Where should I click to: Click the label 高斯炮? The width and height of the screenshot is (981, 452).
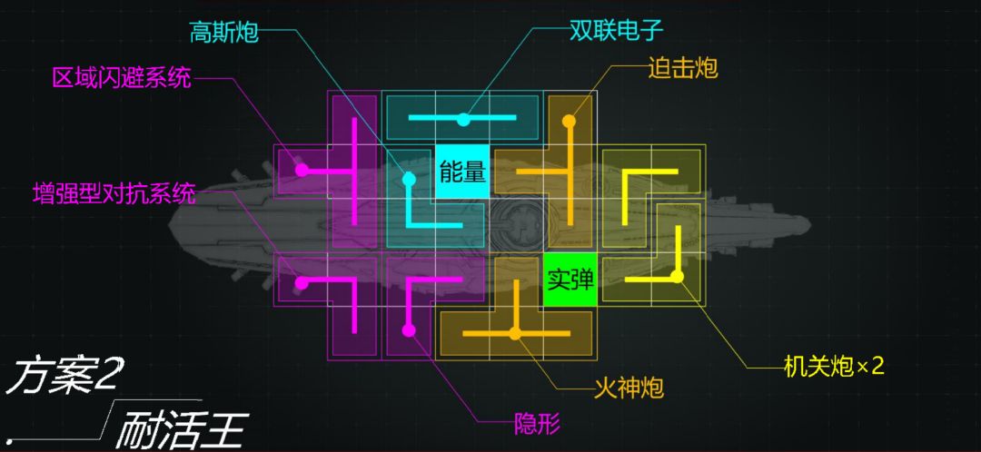click(224, 33)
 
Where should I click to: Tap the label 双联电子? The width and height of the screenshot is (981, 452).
click(615, 30)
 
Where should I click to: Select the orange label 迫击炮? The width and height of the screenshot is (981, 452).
click(682, 69)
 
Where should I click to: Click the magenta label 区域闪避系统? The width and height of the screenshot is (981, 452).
click(122, 79)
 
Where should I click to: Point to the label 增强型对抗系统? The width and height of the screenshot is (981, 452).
click(114, 194)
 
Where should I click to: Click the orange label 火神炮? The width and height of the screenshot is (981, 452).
click(629, 389)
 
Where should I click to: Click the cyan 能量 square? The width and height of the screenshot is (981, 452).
click(462, 172)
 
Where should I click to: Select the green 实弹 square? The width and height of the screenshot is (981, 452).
click(570, 280)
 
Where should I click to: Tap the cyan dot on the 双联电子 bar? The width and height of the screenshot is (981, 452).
click(463, 120)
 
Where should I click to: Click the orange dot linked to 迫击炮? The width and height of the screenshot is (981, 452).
click(569, 120)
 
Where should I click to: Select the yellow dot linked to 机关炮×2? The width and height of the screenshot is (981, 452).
click(677, 277)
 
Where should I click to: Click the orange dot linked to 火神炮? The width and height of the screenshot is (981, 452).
click(515, 334)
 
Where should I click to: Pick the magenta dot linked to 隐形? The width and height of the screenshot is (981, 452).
click(409, 330)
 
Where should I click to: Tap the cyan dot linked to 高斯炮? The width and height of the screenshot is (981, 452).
click(409, 180)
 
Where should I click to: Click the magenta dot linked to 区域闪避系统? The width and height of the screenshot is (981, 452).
click(302, 170)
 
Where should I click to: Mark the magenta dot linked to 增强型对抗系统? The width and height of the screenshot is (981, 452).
click(302, 283)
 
